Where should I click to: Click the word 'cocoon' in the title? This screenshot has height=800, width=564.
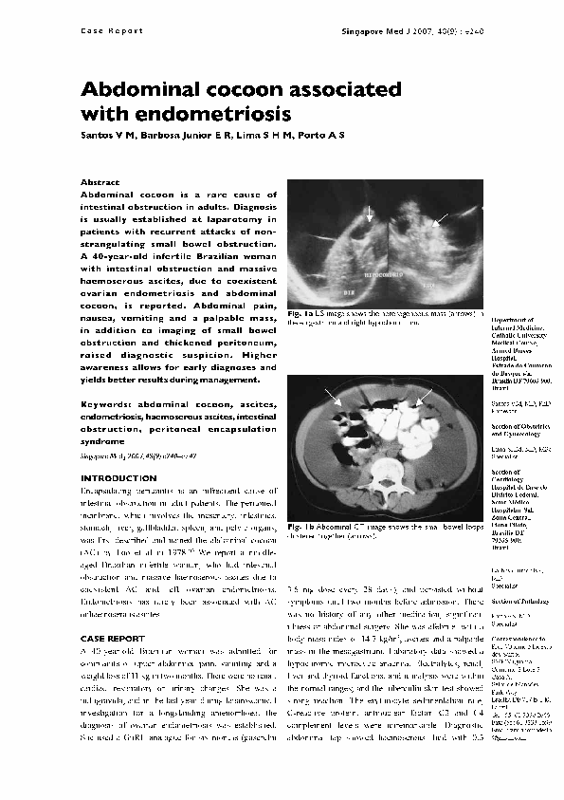click(x=237, y=91)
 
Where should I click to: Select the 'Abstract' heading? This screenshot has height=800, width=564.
click(x=100, y=182)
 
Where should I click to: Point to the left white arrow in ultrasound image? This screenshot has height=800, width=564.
click(x=370, y=213)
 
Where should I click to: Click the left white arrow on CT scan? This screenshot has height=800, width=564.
click(x=331, y=398)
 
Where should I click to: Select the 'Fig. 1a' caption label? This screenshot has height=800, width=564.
click(x=302, y=314)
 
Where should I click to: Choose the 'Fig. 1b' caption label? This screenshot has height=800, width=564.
click(x=302, y=525)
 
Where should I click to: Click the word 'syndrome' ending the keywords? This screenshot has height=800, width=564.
click(x=101, y=441)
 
